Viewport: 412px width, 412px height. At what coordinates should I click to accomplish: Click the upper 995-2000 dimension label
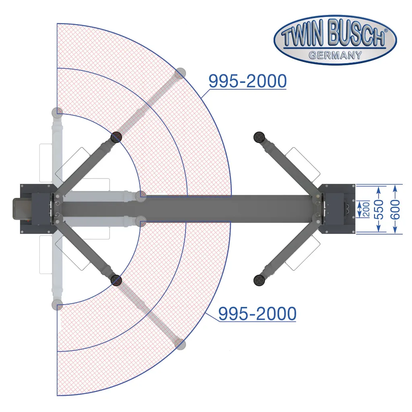(x=247, y=81)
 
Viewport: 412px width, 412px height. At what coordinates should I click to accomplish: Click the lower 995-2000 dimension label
(x=257, y=313)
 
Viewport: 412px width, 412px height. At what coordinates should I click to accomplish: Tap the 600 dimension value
(x=396, y=209)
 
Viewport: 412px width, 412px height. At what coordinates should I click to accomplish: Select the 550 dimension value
(x=379, y=209)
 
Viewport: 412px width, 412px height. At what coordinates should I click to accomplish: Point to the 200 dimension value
(x=366, y=209)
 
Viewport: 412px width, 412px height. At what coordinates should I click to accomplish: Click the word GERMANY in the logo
(x=335, y=55)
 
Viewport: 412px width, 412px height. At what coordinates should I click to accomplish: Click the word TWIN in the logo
(x=302, y=36)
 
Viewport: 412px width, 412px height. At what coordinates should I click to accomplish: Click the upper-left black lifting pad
(x=116, y=137)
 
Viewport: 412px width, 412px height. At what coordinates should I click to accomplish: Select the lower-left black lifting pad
(x=116, y=280)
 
